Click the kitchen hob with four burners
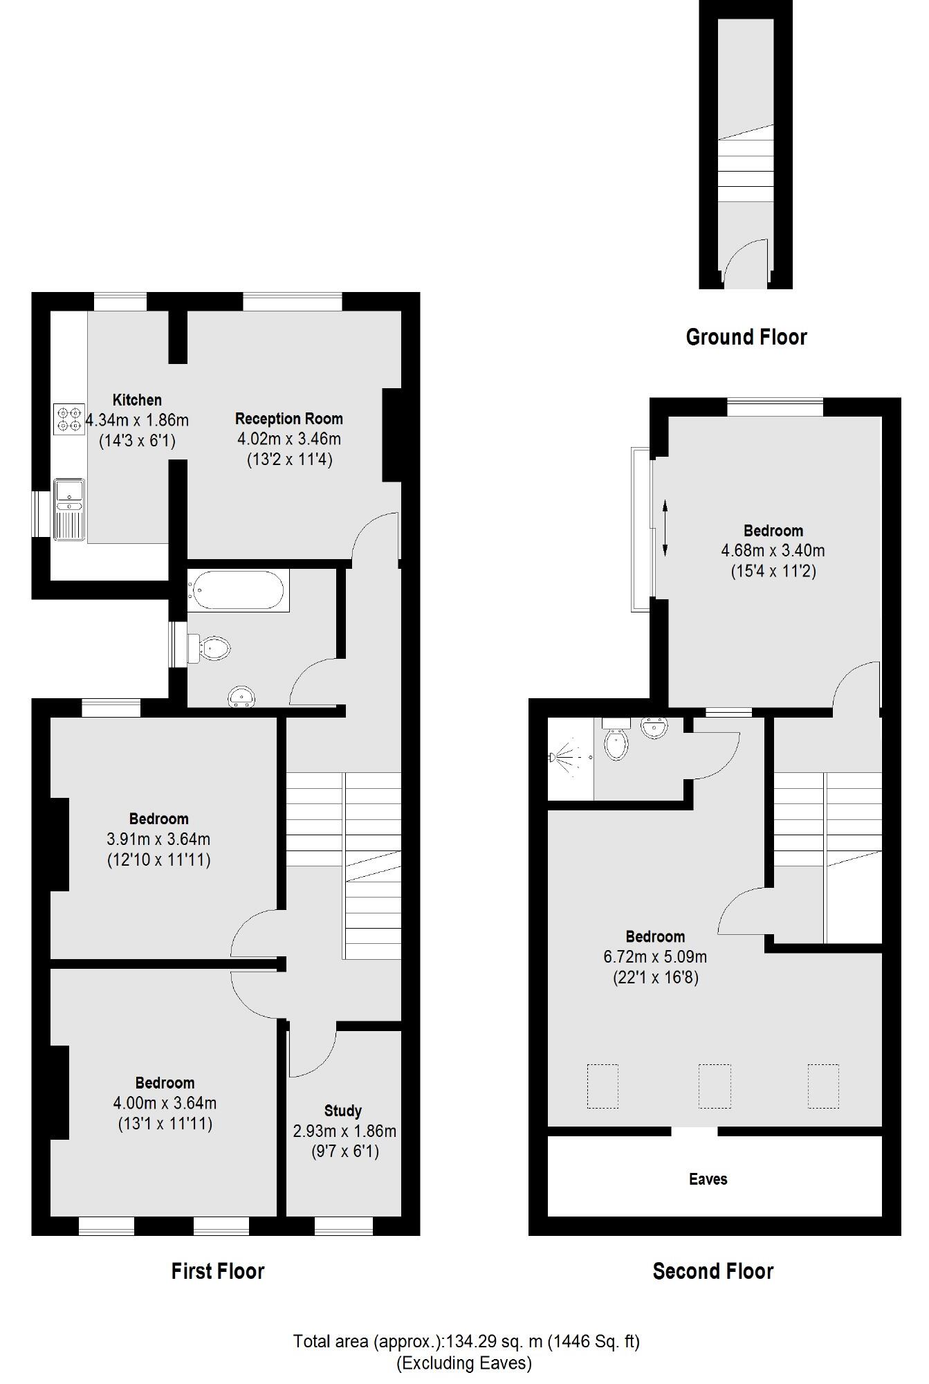click(69, 419)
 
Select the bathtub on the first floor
click(238, 590)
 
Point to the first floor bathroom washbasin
click(241, 696)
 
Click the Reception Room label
click(288, 419)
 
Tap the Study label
click(343, 1111)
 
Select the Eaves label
click(708, 1179)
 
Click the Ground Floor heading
click(746, 338)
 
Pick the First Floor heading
click(218, 1271)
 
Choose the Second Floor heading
click(712, 1271)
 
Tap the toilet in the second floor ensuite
click(615, 742)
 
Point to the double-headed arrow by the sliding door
click(665, 529)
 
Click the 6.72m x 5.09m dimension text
click(655, 957)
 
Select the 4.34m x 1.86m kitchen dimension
click(138, 420)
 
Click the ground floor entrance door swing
click(745, 263)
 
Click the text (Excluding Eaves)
click(464, 1363)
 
